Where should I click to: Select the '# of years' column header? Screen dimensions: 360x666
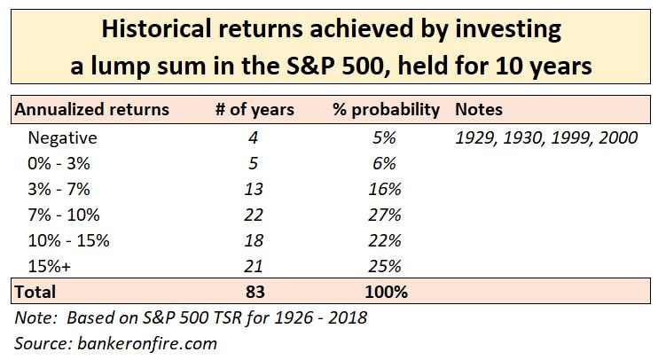pos(255,111)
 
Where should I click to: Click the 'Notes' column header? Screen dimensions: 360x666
pos(478,111)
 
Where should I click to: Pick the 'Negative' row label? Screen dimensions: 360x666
pos(62,137)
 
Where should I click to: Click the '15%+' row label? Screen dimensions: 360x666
pos(52,266)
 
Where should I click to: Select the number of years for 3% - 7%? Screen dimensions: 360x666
pos(255,189)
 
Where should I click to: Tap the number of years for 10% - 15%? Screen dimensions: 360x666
pos(255,240)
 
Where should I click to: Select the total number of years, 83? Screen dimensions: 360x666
pos(255,291)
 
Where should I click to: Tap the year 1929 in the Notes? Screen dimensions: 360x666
pos(473,137)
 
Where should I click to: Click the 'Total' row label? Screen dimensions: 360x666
pos(34,291)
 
